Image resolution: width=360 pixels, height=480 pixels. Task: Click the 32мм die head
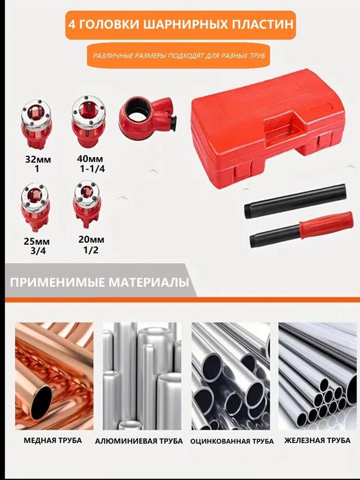(x=36, y=123)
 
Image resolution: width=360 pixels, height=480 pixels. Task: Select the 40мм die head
(x=88, y=121)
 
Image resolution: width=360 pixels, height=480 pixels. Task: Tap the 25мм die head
(x=35, y=206)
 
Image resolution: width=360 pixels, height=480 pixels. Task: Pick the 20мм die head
(x=87, y=203)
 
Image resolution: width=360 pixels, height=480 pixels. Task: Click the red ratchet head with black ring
(x=145, y=115)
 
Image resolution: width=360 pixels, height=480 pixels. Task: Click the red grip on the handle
(x=326, y=225)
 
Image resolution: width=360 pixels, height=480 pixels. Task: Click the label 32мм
(x=38, y=160)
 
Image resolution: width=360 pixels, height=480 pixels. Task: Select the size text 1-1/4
(x=92, y=169)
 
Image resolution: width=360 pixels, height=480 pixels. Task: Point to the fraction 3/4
(x=38, y=251)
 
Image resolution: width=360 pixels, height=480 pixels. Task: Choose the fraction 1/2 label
(x=91, y=250)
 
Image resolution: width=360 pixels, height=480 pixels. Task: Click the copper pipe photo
(x=54, y=376)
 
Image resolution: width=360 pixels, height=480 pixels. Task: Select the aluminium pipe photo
(x=142, y=376)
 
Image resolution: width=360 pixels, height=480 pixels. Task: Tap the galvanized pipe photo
(x=231, y=376)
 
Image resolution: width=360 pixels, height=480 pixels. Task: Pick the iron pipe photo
(x=317, y=376)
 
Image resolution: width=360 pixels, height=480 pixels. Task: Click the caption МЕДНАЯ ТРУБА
(x=53, y=440)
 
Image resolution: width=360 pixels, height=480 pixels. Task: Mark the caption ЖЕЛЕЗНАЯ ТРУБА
(x=317, y=440)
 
